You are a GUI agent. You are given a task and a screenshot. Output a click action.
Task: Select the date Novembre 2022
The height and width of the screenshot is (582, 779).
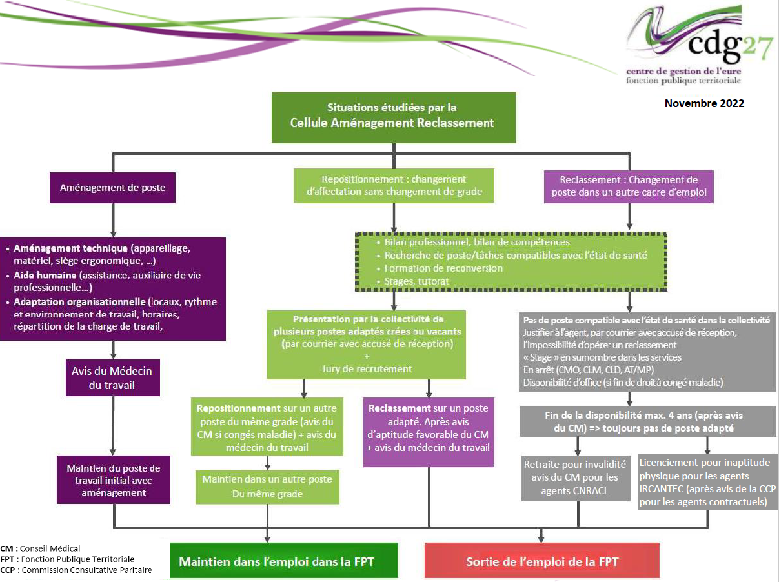(704, 103)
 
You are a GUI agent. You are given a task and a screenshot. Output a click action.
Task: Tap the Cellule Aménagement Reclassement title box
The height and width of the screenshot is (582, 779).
(393, 117)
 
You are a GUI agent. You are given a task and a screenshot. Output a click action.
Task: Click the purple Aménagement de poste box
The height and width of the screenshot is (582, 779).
(113, 188)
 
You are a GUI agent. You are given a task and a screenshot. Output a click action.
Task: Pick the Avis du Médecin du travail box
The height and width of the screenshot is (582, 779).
(112, 378)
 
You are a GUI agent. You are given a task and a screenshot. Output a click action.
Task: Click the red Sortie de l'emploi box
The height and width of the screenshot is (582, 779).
(541, 561)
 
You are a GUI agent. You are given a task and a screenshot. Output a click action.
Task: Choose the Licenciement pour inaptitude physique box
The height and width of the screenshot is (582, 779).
(707, 482)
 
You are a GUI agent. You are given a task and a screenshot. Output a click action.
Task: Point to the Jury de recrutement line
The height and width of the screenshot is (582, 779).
(367, 368)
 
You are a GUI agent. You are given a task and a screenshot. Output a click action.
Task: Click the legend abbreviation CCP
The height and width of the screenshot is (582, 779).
(7, 570)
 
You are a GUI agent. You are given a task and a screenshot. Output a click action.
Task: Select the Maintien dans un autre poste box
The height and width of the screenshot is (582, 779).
(267, 487)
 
